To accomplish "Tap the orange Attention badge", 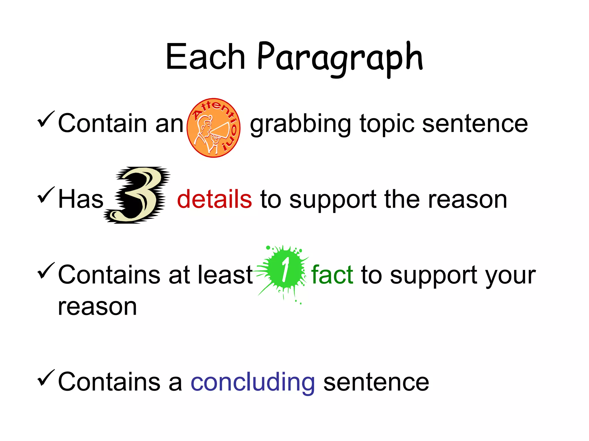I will [213, 128].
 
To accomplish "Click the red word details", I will [214, 199].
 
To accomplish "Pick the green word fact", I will [332, 275].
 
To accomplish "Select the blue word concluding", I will [253, 382].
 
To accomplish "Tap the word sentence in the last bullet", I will [376, 382].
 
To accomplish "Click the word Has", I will [81, 199].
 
